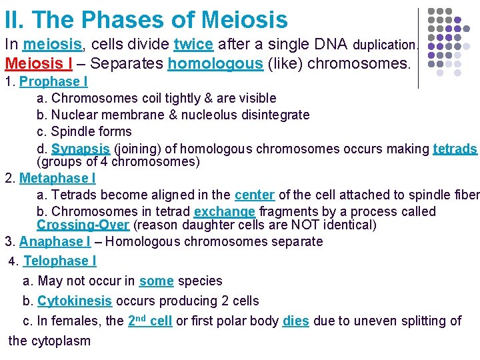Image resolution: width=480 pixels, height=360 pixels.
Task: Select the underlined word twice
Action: (193, 45)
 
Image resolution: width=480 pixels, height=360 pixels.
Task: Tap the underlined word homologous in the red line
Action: (215, 63)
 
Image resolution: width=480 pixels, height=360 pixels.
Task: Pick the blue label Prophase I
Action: (53, 81)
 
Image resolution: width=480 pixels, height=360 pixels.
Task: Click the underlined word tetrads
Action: (455, 148)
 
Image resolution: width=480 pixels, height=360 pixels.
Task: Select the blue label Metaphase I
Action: (57, 178)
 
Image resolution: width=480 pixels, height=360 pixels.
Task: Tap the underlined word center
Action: (254, 195)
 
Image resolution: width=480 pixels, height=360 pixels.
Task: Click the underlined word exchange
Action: (225, 211)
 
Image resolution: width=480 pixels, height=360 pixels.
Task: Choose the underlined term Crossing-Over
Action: (83, 225)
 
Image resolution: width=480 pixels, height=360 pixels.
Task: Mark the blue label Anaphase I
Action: (55, 241)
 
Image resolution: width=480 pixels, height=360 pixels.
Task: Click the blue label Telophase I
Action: (60, 261)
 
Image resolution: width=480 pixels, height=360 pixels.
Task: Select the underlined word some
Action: (156, 281)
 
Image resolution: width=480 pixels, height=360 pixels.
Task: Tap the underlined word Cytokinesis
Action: (75, 301)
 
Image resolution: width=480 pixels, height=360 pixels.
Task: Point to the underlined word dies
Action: (295, 321)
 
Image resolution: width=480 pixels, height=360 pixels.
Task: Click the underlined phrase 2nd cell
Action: (149, 321)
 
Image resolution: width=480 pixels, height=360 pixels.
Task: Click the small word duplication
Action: (385, 45)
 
